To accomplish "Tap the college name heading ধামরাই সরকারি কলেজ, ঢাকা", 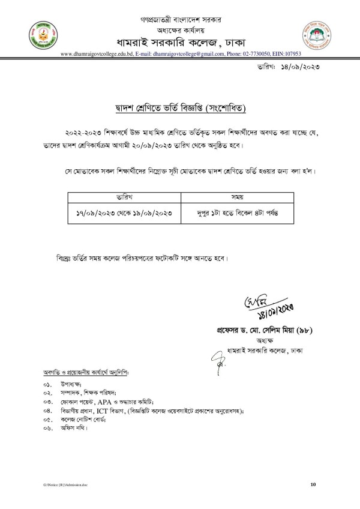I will tap(179, 41).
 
